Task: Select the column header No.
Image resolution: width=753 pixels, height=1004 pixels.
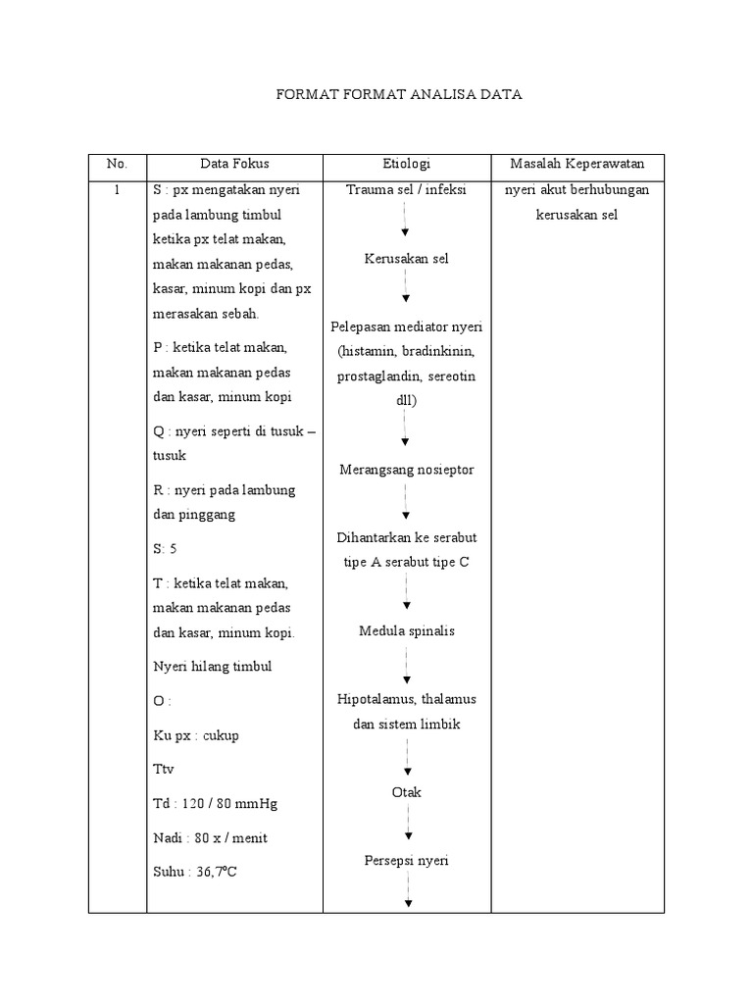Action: tap(117, 164)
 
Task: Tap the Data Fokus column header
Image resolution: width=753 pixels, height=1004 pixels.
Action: tap(234, 164)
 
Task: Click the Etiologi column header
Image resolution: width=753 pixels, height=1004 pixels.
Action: tap(406, 164)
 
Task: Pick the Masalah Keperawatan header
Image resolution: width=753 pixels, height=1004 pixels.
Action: tap(577, 164)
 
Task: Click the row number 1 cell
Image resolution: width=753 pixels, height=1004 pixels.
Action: tap(117, 190)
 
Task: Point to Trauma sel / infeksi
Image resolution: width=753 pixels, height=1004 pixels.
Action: tap(406, 190)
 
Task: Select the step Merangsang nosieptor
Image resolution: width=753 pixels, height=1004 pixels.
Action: tap(406, 470)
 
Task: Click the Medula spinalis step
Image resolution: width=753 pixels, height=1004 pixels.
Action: tap(406, 631)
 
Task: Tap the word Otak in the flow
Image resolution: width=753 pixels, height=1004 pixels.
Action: tap(406, 791)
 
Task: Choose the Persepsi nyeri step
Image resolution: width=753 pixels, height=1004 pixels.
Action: tap(406, 861)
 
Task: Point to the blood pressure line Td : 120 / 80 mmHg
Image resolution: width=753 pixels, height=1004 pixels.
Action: tap(216, 804)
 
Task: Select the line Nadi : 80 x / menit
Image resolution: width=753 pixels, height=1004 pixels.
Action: tap(210, 838)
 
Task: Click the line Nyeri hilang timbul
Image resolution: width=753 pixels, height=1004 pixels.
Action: tap(212, 667)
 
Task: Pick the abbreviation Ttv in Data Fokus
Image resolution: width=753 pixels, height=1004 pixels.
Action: tap(163, 770)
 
